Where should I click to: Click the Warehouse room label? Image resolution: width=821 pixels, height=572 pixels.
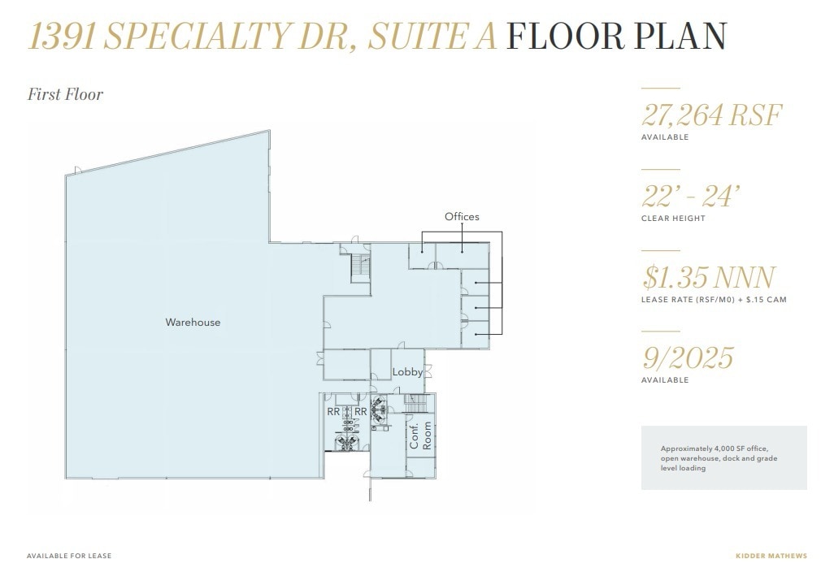tap(193, 323)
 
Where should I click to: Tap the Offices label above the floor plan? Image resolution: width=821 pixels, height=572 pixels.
tap(462, 217)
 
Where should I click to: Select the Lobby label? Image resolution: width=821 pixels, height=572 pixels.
tap(407, 372)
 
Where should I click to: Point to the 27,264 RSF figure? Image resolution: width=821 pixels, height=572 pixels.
tap(711, 115)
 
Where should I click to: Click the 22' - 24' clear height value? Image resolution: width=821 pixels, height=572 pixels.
tap(691, 195)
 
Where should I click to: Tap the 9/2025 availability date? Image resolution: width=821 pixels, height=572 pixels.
tap(688, 357)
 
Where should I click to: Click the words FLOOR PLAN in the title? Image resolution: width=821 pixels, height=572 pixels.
tap(616, 37)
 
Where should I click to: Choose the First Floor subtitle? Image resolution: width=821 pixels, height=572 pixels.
tap(66, 94)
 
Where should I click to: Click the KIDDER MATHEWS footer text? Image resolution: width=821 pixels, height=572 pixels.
tap(771, 556)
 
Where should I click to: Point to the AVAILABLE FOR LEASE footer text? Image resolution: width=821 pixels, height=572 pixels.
tap(69, 556)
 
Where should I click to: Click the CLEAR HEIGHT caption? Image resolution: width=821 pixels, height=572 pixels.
tap(673, 219)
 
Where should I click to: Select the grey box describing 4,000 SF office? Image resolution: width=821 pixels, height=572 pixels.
tap(723, 457)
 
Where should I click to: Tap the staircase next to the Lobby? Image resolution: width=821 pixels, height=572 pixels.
tap(415, 403)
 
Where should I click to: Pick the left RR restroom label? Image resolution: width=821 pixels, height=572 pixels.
tap(333, 412)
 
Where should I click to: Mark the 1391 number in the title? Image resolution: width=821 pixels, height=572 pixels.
tap(63, 37)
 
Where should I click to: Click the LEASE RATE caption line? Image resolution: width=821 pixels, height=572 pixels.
tap(715, 300)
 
